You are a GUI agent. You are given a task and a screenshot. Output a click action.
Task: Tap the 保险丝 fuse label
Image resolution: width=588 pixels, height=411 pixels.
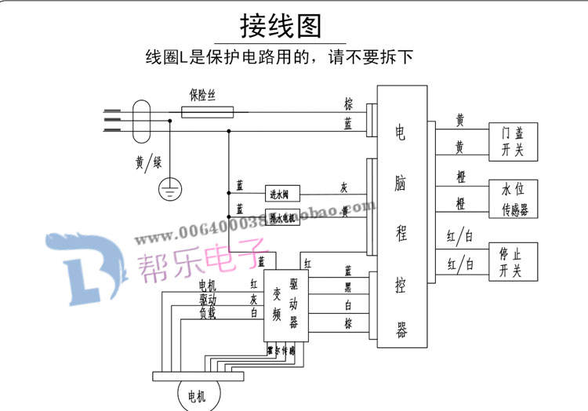click(x=202, y=95)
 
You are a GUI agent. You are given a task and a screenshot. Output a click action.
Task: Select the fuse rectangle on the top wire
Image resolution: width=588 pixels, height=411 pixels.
click(x=207, y=112)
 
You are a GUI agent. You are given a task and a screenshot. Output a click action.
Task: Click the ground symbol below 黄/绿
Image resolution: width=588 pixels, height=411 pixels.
click(x=169, y=188)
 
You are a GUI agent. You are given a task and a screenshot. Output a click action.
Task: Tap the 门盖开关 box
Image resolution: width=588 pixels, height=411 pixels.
click(x=513, y=141)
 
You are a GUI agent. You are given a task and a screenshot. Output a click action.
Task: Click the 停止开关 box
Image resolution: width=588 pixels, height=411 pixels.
click(x=514, y=262)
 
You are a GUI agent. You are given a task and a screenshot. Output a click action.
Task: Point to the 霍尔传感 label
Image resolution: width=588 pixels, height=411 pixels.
click(x=281, y=351)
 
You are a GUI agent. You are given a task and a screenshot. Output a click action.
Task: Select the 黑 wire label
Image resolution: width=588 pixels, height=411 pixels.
click(x=347, y=287)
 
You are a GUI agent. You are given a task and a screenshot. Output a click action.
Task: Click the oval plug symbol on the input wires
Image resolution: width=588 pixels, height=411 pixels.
click(x=142, y=120)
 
